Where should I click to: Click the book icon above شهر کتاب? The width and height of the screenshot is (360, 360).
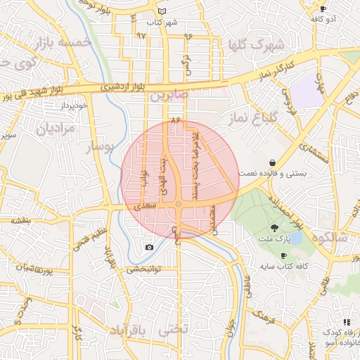point(162,12)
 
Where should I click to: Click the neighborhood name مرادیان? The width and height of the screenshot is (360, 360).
point(51,129)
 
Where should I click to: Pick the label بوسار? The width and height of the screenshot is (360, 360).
point(99,147)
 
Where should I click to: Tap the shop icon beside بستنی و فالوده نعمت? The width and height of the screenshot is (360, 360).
point(272,162)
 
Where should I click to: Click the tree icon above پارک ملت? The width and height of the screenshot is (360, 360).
point(274,227)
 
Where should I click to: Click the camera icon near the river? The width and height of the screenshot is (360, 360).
point(149,247)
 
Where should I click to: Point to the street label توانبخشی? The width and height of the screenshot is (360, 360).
point(143,269)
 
